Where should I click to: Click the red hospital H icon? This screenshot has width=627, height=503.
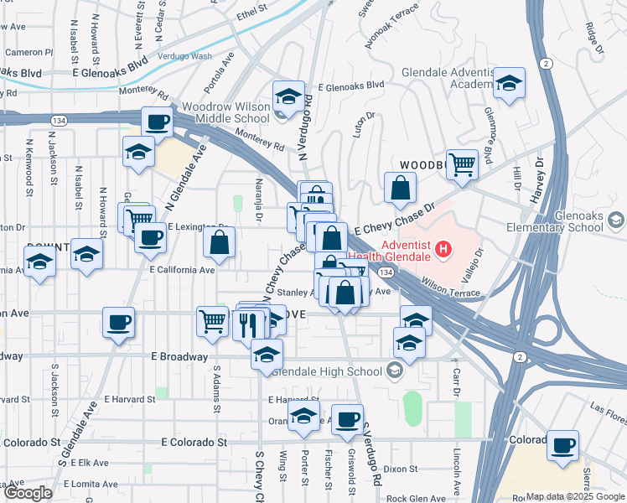click(443, 249)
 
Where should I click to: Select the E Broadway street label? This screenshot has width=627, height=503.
click(179, 356)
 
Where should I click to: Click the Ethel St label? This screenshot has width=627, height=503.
click(251, 13)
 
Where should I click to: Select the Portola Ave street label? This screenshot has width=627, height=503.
click(220, 73)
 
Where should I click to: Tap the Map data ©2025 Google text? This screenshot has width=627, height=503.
click(574, 495)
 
